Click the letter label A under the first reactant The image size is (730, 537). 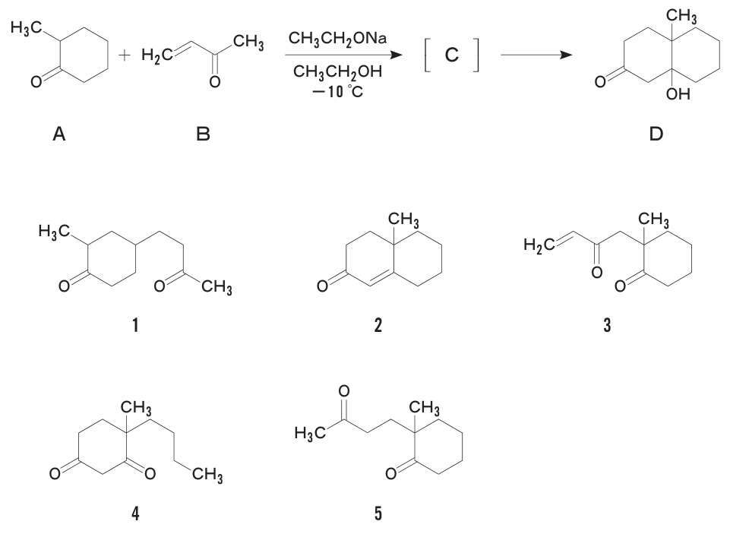(59, 134)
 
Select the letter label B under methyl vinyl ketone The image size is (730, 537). (204, 134)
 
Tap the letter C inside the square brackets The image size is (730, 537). (451, 55)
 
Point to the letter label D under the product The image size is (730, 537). (656, 134)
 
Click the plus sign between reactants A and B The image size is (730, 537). (125, 56)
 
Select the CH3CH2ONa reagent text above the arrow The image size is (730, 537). (337, 38)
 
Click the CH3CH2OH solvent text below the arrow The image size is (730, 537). (337, 71)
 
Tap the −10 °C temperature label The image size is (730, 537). (337, 91)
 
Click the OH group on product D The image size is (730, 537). (678, 94)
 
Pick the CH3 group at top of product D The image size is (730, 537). (681, 16)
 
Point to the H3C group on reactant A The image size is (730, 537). (26, 28)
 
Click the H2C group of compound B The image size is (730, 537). (157, 55)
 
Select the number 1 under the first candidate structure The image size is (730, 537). (135, 325)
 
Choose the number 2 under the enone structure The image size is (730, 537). (378, 325)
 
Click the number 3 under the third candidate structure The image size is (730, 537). (607, 325)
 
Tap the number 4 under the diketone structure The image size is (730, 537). (135, 513)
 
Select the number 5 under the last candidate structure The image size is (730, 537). (378, 513)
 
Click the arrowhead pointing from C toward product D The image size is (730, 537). (566, 55)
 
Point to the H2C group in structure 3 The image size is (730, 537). (539, 245)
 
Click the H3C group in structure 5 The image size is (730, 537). (310, 434)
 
